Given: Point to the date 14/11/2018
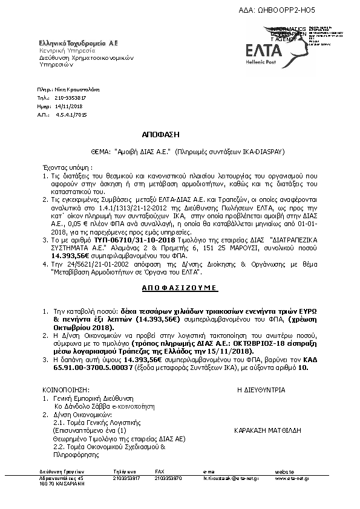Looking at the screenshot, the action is pos(68,105).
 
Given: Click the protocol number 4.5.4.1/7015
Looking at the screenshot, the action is pos(71,114).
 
